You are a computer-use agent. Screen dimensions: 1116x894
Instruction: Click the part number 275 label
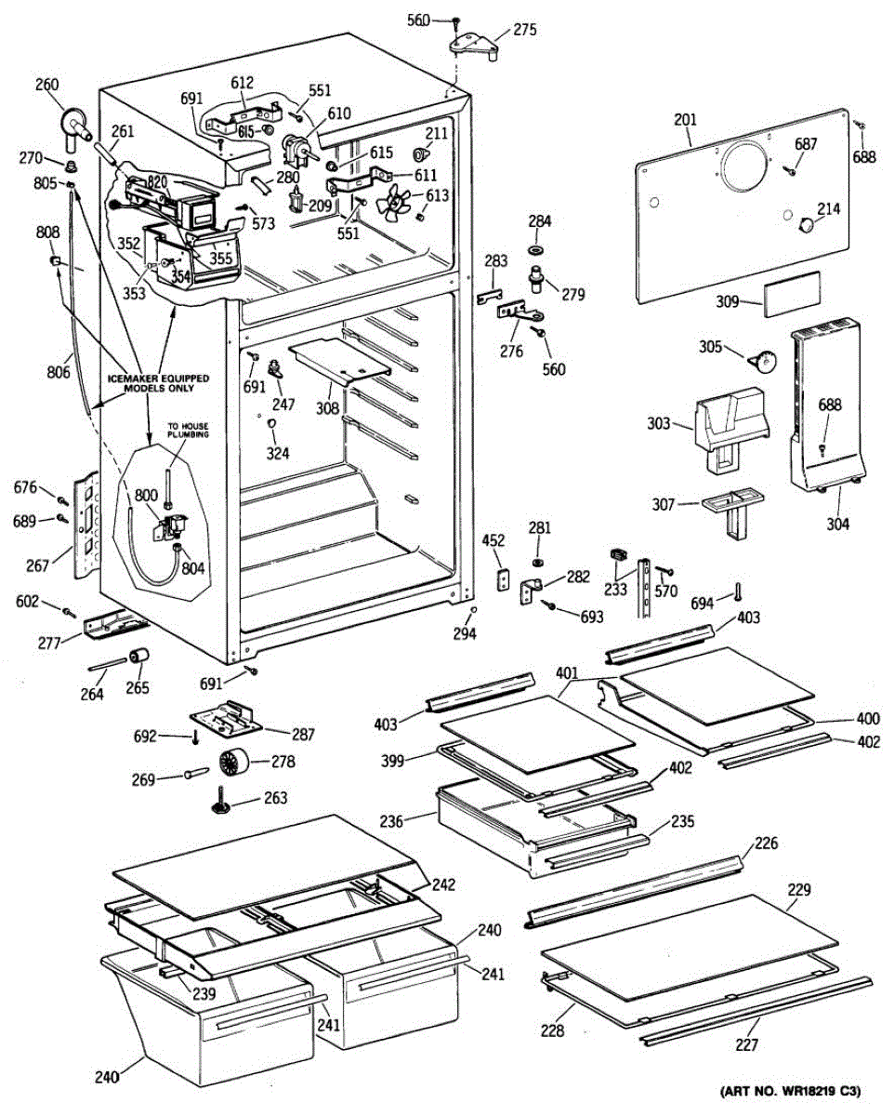525,30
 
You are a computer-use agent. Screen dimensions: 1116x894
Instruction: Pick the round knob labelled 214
806,222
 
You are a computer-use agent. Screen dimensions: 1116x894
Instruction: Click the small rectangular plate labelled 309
792,293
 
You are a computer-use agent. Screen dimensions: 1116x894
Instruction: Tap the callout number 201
686,120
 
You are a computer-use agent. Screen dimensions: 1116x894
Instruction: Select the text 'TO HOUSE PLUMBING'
188,431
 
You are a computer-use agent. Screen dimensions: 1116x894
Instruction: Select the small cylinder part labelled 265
139,658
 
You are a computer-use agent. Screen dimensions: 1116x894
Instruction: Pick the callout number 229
798,890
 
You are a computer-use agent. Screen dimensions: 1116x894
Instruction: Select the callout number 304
837,524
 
